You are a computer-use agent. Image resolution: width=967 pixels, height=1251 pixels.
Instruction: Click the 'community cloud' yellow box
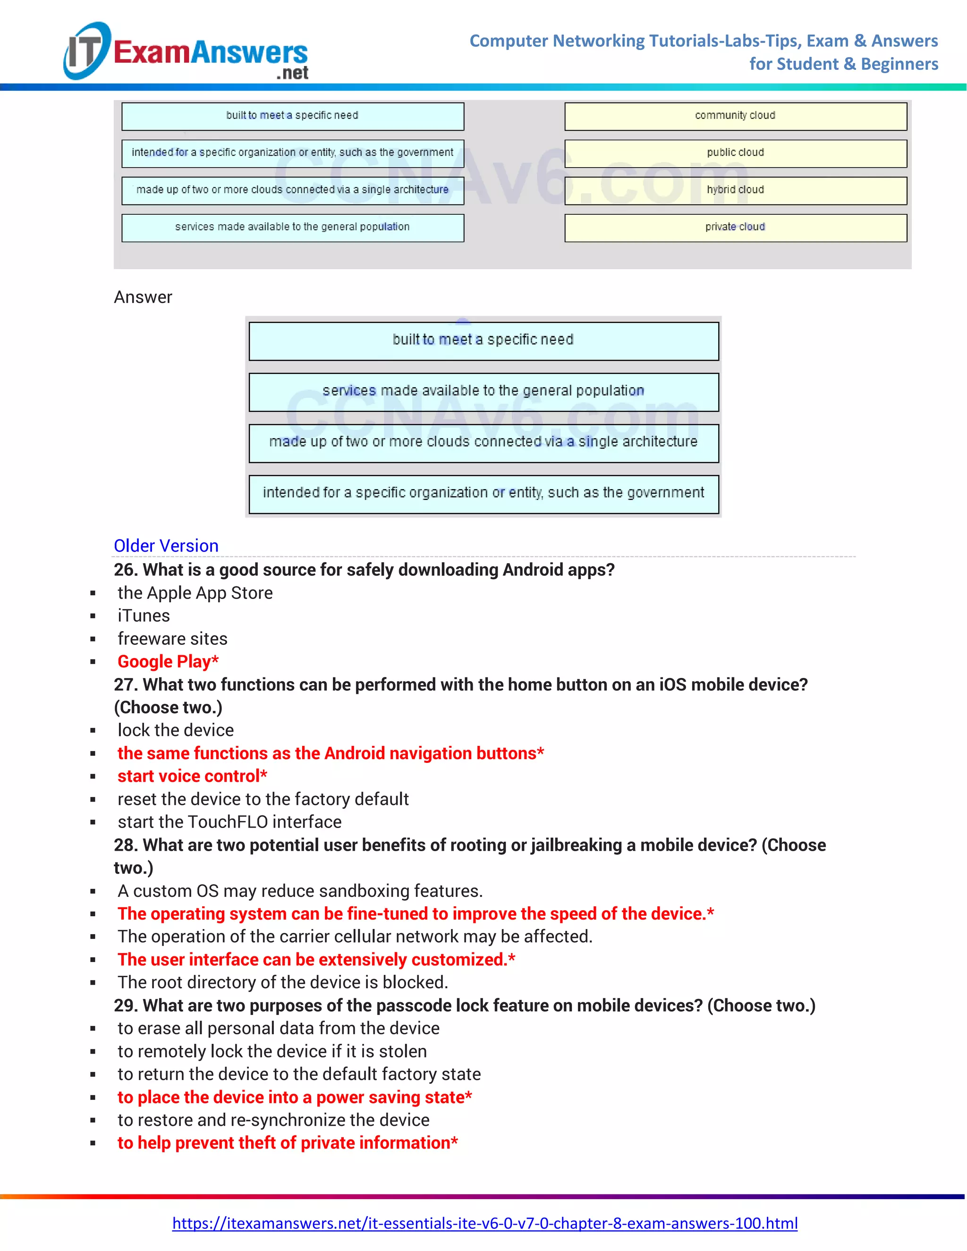(735, 116)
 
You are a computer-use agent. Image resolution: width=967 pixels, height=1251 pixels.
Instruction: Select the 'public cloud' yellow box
(735, 153)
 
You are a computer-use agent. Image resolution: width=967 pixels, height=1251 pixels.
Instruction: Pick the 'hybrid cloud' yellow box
(735, 190)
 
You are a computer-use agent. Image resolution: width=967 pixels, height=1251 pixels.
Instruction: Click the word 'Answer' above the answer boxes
(143, 297)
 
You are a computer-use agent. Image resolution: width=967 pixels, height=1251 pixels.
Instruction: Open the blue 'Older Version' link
(166, 546)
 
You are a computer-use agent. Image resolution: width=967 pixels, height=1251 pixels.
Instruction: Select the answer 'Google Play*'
(168, 661)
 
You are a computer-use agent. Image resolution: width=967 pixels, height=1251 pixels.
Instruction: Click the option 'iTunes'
(144, 616)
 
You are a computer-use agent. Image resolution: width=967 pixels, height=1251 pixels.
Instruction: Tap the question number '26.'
(126, 570)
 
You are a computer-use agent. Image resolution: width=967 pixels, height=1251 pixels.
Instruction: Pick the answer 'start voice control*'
(192, 776)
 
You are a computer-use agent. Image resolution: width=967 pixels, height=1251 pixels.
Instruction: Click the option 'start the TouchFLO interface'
(229, 822)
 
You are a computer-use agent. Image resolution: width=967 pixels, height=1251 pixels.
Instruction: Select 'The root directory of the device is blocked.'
(282, 982)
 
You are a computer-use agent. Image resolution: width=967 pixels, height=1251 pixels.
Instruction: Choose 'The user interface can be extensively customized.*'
(316, 959)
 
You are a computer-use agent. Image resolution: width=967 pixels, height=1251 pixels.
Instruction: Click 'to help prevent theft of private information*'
(288, 1143)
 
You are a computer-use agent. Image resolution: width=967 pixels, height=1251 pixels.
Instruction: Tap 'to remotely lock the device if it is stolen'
(272, 1051)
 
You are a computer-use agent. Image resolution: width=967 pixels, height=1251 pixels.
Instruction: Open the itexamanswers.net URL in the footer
(484, 1224)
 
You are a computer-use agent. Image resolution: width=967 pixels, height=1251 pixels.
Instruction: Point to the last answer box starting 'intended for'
(483, 493)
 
